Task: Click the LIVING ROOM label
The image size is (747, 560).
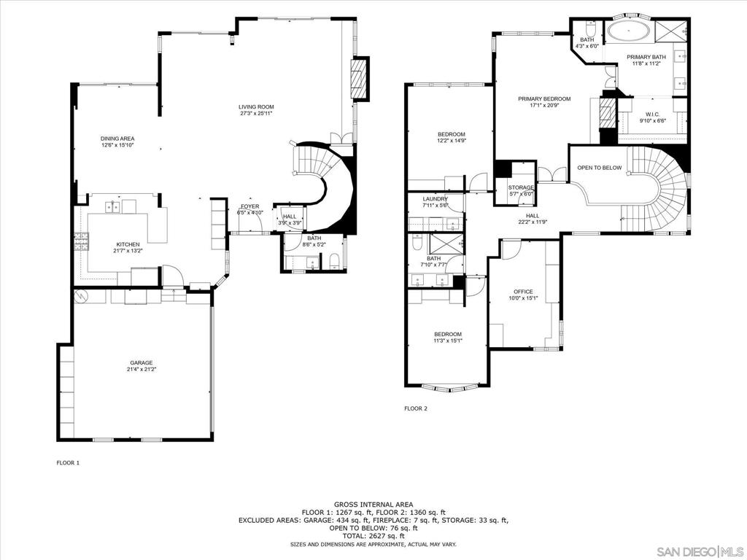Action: tap(256, 106)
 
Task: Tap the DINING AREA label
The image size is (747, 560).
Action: tap(117, 139)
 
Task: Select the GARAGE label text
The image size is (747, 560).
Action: tap(142, 363)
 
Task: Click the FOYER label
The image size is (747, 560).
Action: tap(250, 206)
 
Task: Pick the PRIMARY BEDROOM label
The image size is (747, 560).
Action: tap(544, 99)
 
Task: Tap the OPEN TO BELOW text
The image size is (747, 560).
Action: tap(600, 168)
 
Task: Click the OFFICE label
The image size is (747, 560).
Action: tap(523, 292)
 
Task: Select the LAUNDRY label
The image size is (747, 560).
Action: tap(436, 199)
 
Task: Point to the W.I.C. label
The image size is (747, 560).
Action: tap(653, 114)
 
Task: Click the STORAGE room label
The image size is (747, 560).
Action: tap(521, 187)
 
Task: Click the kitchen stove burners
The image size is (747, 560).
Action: tap(81, 242)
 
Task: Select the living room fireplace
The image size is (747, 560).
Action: tap(360, 79)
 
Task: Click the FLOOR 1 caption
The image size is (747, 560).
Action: tap(68, 462)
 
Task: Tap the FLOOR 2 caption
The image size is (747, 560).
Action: tap(416, 408)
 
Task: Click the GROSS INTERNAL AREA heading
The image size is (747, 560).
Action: tap(373, 505)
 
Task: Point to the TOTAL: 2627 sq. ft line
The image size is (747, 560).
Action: tap(373, 536)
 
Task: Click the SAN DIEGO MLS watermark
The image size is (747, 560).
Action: tap(701, 551)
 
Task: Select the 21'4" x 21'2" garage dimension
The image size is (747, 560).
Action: tap(142, 369)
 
